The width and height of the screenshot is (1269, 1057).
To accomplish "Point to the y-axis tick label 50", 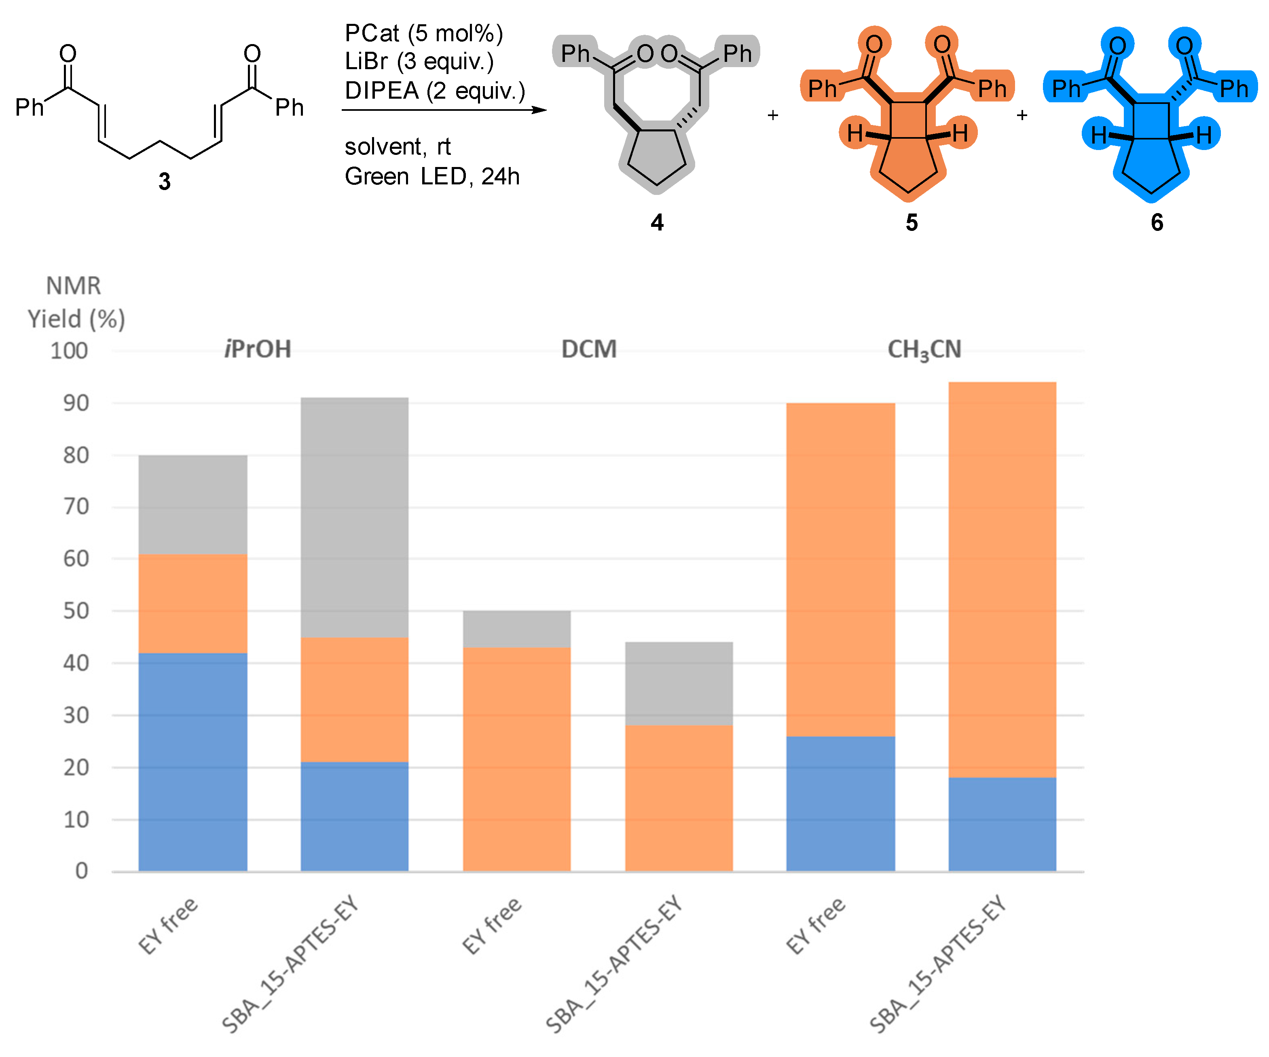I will coord(76,611).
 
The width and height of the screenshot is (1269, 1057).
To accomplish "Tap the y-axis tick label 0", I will coord(82,871).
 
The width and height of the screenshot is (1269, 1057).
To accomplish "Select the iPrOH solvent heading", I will coord(258,349).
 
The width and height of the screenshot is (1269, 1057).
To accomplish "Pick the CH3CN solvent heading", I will coord(924,350).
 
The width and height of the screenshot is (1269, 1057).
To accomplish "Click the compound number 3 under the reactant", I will coord(164,181).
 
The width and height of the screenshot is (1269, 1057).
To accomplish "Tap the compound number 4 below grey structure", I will coord(657,222).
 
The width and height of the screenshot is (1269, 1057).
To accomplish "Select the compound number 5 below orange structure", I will coord(911,222).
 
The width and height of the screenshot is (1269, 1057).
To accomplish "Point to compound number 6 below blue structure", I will coord(1157,222).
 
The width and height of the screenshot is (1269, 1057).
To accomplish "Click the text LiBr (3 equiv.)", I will coord(419,61).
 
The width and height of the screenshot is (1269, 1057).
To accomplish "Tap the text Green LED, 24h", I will coord(431,176).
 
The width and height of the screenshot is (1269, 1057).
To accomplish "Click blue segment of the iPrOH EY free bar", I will coord(193,761).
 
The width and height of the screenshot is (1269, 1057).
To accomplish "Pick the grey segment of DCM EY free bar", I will coord(517,628).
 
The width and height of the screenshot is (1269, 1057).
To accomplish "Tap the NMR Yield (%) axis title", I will coord(76,302).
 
